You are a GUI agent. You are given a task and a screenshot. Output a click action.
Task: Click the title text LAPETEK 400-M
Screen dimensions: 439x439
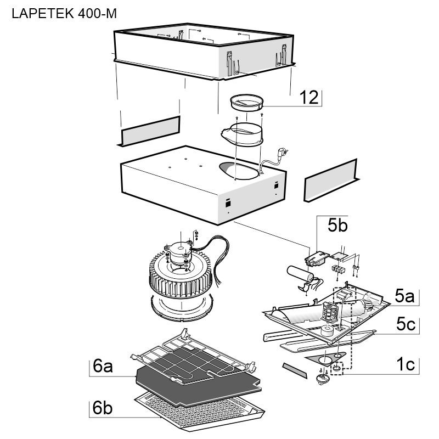pos(64,13)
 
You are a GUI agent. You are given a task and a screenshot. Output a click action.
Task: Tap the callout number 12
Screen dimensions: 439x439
pos(309,98)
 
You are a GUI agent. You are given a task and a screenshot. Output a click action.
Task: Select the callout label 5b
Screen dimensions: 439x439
pos(337,225)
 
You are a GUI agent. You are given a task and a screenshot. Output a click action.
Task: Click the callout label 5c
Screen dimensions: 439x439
pos(406,324)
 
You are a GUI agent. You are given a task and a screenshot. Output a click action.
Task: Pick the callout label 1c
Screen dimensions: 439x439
pos(406,364)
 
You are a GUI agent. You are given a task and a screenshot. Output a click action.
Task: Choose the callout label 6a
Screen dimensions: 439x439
pos(103,366)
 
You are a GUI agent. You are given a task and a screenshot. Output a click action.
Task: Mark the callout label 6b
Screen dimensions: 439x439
pos(103,407)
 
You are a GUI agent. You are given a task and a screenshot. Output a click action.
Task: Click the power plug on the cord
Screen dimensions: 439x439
pos(283,153)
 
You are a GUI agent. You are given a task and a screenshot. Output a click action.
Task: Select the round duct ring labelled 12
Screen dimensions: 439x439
pos(246,103)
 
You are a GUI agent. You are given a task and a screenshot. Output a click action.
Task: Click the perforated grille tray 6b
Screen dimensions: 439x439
pos(199,412)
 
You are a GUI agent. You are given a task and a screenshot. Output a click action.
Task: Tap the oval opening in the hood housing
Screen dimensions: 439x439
pos(239,171)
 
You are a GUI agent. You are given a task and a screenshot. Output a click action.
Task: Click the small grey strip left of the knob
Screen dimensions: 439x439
pos(295,370)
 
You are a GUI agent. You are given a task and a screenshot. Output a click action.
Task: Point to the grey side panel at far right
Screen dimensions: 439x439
pos(331,181)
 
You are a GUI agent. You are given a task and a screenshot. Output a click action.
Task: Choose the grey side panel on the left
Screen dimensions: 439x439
pos(149,131)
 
